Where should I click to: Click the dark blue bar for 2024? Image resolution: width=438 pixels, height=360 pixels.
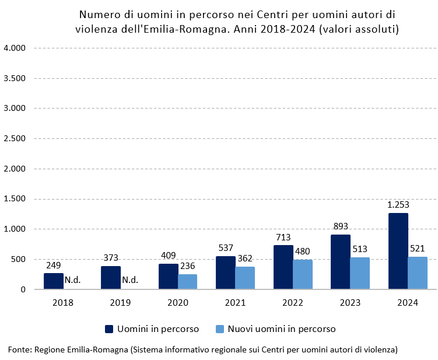pos(398,251)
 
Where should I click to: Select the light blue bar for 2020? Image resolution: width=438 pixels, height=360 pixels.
pos(187,282)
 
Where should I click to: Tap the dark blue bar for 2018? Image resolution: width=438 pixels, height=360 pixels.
pos(54,281)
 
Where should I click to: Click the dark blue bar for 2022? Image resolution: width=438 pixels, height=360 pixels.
pos(283,267)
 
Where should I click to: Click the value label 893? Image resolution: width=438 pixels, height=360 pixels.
pos(341,226)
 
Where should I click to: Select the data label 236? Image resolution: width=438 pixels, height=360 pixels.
pos(188,266)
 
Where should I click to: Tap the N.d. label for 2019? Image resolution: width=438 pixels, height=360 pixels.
pos(130,280)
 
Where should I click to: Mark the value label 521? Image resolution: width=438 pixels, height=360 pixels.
pos(418,249)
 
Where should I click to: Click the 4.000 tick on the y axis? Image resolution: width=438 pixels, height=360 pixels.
pos(15,48)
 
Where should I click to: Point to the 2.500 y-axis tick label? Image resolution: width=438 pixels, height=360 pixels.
pos(15,138)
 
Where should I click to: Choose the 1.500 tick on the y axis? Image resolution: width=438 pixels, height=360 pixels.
pos(15,199)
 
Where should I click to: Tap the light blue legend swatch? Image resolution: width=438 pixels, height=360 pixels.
pos(220,329)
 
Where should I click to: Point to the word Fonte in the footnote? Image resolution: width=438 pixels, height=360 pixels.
pos(19,349)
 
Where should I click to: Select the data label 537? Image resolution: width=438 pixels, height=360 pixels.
pos(226,248)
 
